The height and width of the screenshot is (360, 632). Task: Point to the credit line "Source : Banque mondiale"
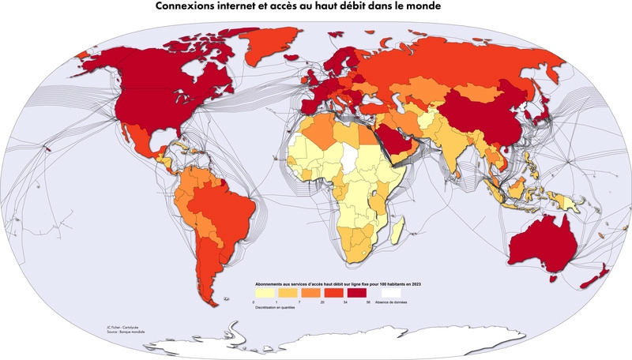pyautogui.click(x=124, y=332)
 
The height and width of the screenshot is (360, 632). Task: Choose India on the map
pyautogui.click(x=453, y=150)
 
